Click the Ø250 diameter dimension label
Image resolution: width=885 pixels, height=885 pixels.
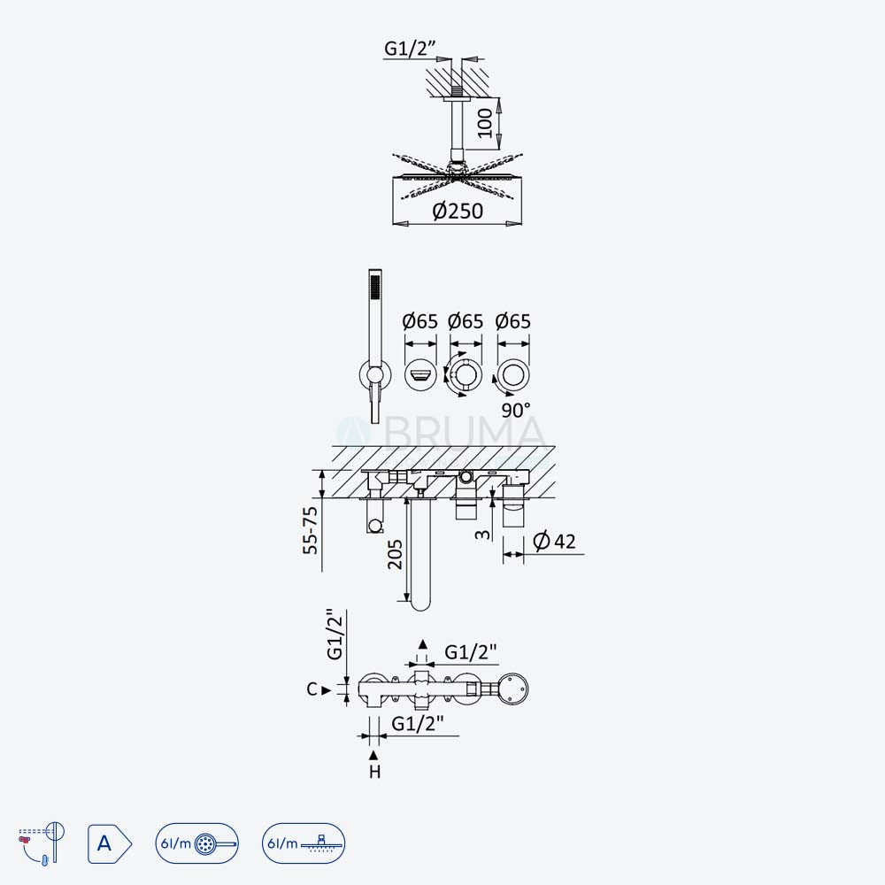458,212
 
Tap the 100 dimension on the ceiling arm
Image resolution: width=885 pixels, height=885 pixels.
485,123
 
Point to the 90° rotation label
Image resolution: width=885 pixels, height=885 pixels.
516,411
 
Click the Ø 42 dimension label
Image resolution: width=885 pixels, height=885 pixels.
554,542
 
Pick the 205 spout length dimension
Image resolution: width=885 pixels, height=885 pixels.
395,554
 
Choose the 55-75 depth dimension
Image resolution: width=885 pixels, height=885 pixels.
311,530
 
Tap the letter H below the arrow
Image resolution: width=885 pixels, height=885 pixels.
374,772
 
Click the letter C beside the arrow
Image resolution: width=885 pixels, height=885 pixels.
312,689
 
